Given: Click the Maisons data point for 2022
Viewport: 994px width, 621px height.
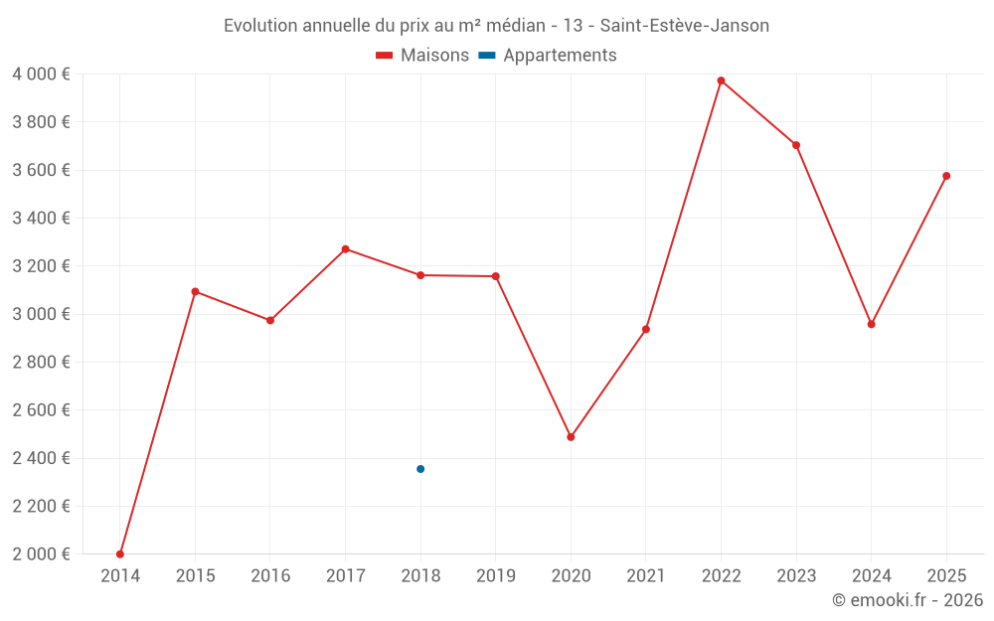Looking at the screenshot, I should pos(721,80).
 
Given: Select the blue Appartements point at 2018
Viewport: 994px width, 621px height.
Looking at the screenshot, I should pos(420,469).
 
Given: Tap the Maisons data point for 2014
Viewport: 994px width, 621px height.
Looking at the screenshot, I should pos(120,554).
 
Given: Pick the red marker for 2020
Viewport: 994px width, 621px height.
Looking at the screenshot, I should pos(571,437).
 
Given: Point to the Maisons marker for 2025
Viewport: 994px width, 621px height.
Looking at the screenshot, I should pos(946,176).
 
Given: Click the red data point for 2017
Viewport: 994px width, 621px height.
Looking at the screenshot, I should pos(345,249).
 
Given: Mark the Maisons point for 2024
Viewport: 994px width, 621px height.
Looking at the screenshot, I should pos(871,324).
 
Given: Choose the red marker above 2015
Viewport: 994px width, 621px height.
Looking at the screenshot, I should pos(195,291).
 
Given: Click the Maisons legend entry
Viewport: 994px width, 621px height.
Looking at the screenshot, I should pos(422,56).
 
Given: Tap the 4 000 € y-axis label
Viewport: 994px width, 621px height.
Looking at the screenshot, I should pos(41,75).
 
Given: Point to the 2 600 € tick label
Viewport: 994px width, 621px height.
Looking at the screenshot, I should pos(41,410).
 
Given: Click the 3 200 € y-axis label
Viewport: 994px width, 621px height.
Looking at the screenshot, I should pos(41,266).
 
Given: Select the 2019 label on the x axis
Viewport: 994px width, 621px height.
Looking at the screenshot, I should pos(495,576).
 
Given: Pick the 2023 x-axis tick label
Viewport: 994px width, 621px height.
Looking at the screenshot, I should pos(796,576).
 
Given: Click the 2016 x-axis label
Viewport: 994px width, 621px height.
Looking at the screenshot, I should pos(270,576).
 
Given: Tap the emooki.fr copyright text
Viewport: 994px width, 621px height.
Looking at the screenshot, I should pos(907,600).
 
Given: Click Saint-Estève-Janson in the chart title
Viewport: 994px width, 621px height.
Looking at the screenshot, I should pos(685,26).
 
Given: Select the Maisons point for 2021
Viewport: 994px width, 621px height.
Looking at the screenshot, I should pos(646,329).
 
